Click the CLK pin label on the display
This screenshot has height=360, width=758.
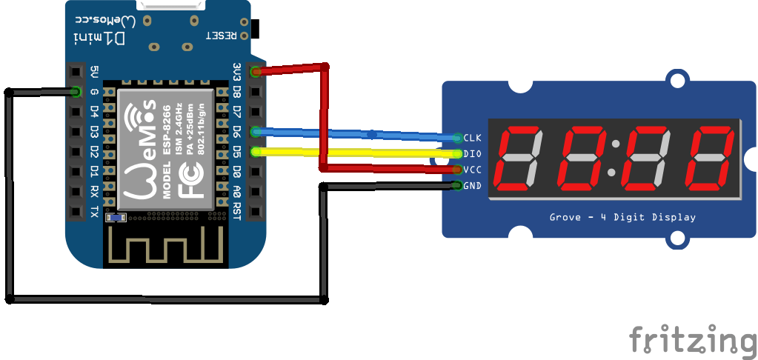(473, 138)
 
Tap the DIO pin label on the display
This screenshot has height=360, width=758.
(472, 154)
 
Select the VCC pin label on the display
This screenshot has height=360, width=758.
(473, 170)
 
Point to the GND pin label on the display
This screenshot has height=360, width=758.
(473, 185)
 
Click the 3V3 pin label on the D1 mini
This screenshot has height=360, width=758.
(236, 71)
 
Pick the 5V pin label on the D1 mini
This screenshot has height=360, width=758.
(94, 72)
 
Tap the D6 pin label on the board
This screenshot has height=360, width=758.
(236, 132)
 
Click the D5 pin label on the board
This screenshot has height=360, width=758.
(236, 152)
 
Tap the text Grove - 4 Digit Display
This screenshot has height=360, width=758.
(622, 218)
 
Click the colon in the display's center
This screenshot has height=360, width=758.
(615, 157)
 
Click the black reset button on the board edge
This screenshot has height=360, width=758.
(257, 29)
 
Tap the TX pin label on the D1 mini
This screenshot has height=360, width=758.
(94, 212)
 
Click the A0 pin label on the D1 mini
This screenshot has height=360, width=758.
(236, 192)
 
